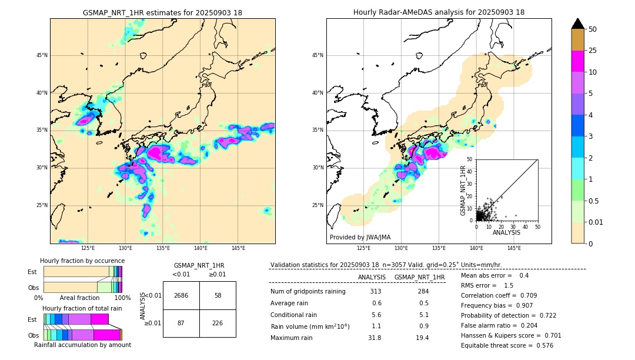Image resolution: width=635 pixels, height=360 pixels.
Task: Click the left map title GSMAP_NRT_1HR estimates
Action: (162, 12)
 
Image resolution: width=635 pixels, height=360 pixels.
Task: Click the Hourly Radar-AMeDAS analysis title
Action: (439, 12)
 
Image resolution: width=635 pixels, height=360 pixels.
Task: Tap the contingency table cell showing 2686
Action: (181, 295)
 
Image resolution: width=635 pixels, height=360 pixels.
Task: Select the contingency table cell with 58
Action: (218, 295)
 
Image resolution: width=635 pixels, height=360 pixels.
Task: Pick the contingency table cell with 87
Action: (181, 323)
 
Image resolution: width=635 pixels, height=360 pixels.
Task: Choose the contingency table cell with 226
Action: (218, 323)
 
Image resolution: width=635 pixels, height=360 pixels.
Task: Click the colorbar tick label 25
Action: (593, 51)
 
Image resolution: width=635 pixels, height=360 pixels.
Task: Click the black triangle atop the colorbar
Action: (578, 24)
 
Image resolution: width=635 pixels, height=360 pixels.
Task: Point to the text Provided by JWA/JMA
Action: (360, 237)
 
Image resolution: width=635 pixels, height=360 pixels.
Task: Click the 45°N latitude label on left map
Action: (41, 55)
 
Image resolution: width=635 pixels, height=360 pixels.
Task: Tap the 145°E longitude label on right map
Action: (514, 248)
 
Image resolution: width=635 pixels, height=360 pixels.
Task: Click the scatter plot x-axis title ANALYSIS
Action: (506, 232)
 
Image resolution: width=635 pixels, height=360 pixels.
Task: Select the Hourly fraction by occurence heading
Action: (82, 261)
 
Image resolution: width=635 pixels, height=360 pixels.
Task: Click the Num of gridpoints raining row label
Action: (308, 291)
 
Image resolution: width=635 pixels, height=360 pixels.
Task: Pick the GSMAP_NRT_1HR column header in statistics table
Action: (419, 277)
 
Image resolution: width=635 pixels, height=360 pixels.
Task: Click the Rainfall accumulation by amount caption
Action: (82, 345)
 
